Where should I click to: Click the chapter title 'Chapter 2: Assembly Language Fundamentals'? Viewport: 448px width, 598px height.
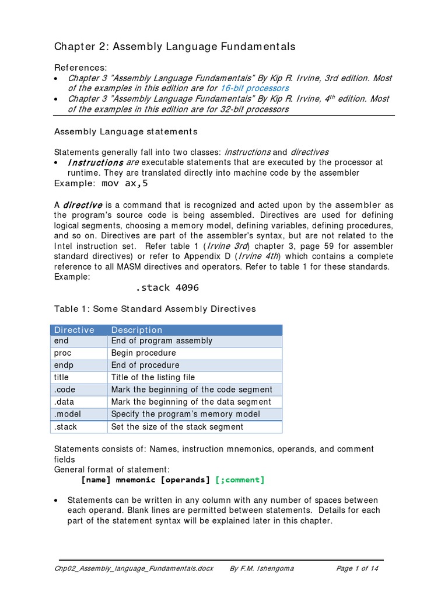175,47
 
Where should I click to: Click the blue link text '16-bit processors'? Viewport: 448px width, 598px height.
254,88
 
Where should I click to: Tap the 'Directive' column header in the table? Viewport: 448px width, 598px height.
74,330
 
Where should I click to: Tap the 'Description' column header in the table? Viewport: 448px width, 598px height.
137,330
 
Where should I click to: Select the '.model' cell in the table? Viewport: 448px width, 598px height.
67,414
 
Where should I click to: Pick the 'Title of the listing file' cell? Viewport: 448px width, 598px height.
153,377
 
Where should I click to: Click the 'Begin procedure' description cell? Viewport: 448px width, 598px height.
143,353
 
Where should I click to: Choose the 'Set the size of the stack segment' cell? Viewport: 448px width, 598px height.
177,426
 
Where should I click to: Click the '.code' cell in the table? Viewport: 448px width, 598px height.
65,390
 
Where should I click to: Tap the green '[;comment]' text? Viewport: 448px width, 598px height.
240,480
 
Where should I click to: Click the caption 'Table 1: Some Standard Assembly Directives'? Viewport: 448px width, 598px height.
155,309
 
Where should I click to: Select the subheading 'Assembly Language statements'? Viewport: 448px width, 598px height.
126,131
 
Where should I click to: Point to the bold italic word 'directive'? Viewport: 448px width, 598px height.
83,205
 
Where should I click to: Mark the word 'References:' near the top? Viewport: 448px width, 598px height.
80,68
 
